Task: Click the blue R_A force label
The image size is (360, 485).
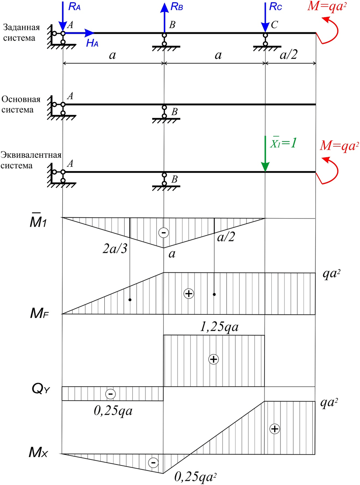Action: [75, 6]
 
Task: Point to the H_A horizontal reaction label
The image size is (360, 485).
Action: [92, 44]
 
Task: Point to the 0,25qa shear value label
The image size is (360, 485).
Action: [113, 410]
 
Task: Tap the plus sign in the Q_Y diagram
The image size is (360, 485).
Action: [214, 359]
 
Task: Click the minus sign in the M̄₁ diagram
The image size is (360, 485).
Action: [163, 233]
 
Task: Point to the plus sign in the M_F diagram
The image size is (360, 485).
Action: [188, 294]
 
